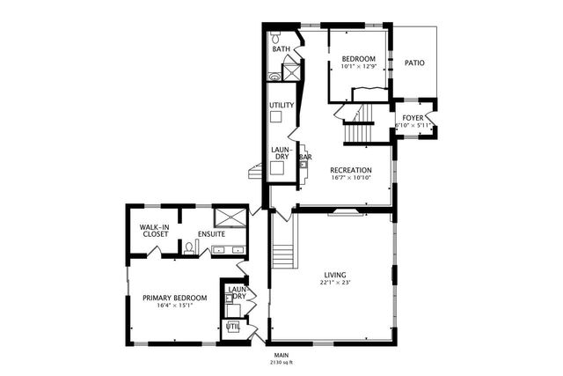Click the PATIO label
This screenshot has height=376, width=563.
[x=414, y=63]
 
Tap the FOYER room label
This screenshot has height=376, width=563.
[x=413, y=117]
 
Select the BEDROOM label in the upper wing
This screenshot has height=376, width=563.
[x=358, y=58]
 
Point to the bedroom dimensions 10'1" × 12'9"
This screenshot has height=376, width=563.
[x=358, y=66]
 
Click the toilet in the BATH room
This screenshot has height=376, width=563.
[x=275, y=38]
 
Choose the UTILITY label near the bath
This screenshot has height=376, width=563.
[x=281, y=105]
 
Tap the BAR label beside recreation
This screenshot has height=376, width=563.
[x=305, y=158]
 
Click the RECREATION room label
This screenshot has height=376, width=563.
[x=350, y=170]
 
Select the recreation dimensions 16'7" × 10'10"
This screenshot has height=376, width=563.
[x=350, y=178]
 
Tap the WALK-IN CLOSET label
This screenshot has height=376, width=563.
[x=154, y=231]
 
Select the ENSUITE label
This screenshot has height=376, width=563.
[x=211, y=234]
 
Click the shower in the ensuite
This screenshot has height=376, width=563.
[x=231, y=217]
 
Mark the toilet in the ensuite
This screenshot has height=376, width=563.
[x=186, y=247]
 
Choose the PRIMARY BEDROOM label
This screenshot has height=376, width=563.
[x=174, y=298]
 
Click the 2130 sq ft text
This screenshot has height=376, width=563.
[x=281, y=362]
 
